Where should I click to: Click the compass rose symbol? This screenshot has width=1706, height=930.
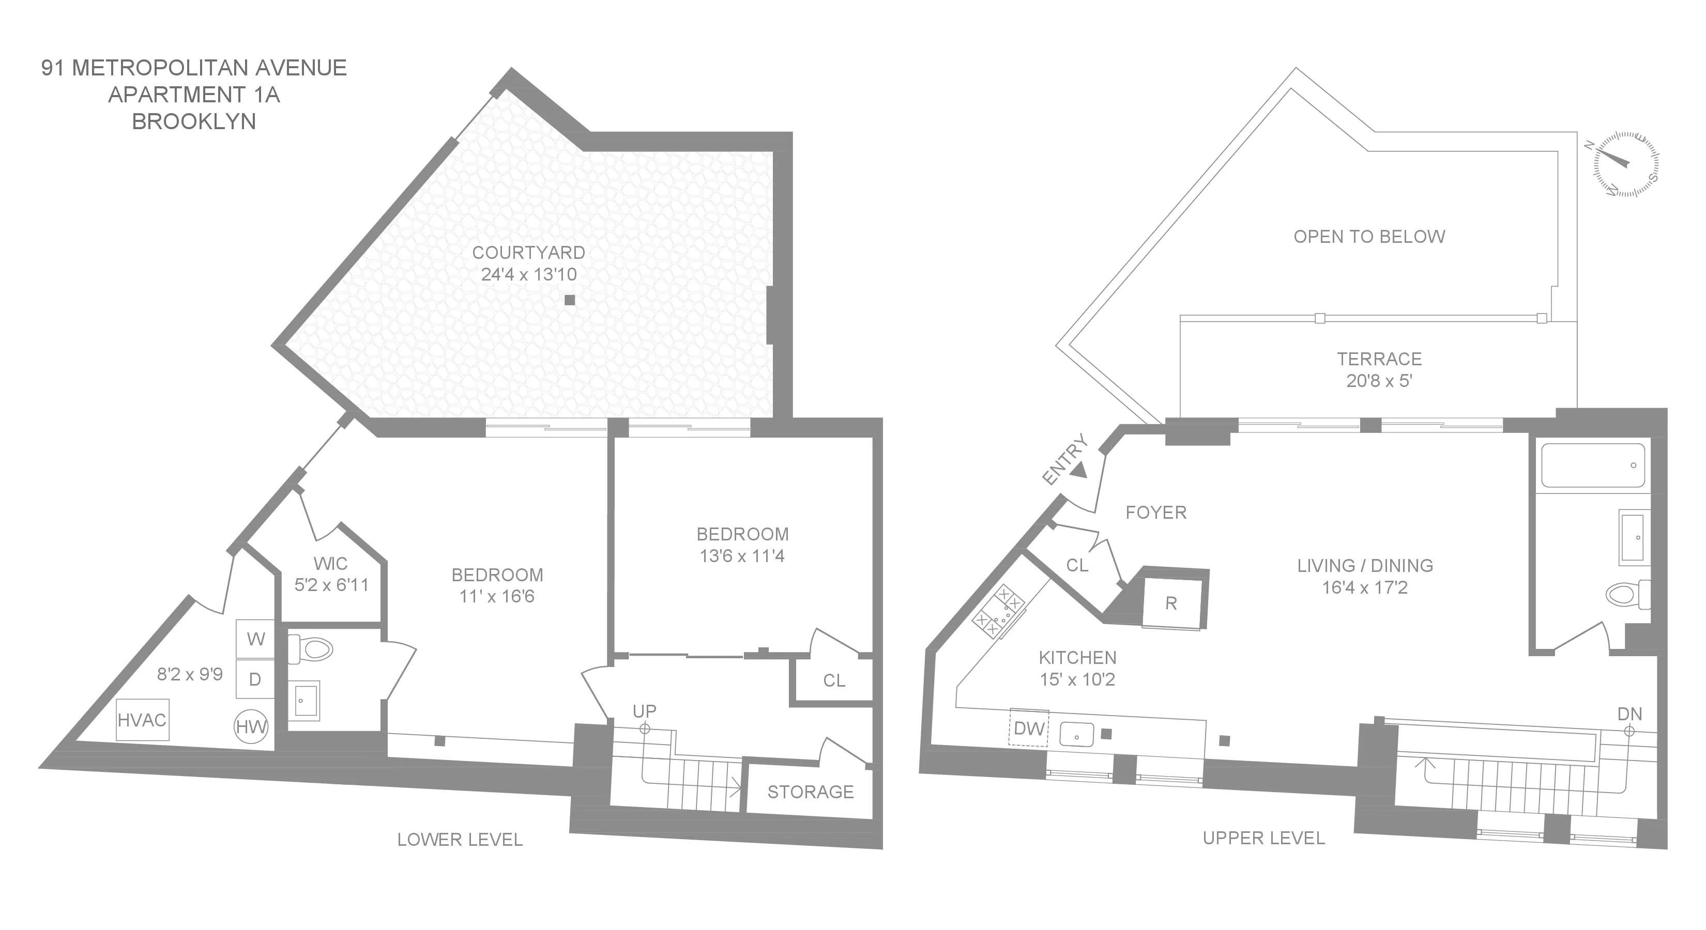pos(1626,164)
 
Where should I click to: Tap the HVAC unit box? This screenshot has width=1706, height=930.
pos(142,720)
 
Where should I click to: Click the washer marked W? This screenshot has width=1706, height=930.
pos(255,639)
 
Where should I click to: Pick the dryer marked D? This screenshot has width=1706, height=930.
pos(255,679)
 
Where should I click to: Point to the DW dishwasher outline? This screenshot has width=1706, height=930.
pos(1028,728)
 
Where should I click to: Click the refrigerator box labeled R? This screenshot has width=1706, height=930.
pos(1171,603)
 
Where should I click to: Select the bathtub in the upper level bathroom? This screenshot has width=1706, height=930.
pos(1592,466)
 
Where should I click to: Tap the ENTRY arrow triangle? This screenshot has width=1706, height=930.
pos(1079,471)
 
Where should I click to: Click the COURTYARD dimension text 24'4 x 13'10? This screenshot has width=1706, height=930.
pos(528,274)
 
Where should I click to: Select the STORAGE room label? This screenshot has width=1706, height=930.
pos(810,792)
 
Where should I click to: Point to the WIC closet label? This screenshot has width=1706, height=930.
pos(330,563)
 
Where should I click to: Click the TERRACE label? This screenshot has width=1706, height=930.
pos(1379,359)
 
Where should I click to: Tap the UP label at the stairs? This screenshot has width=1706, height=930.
pos(644,711)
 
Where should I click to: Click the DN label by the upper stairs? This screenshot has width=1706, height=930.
pos(1629,714)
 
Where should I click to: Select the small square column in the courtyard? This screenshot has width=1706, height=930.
pos(570,300)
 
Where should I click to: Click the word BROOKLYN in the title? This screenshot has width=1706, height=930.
pos(193,122)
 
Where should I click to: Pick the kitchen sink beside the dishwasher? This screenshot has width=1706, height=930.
pos(1076,734)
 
